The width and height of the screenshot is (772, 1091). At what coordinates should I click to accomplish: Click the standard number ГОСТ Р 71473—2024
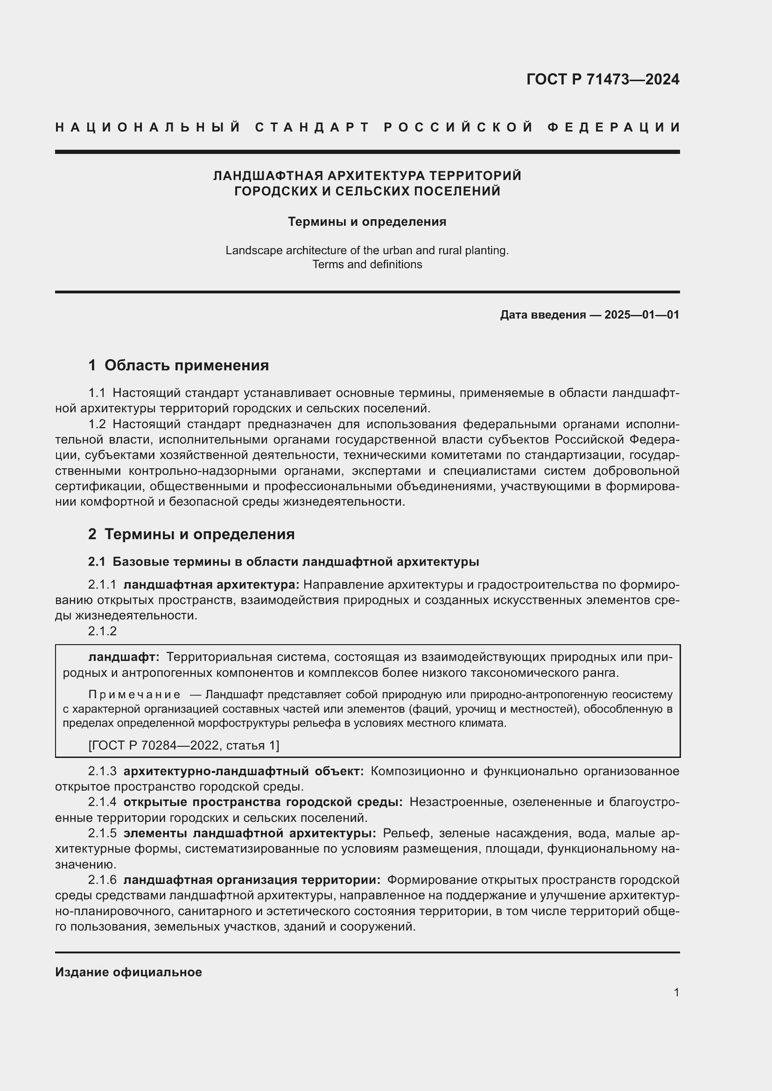click(x=603, y=79)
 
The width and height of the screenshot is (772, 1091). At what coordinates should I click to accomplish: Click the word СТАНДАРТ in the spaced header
click(x=312, y=127)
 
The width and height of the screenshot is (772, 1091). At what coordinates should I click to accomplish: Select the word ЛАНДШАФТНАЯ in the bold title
click(x=269, y=176)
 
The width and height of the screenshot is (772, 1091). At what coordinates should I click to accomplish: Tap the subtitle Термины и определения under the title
click(x=367, y=222)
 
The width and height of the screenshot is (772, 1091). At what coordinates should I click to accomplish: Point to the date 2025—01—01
click(x=642, y=314)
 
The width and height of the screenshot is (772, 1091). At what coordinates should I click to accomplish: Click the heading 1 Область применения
click(x=178, y=365)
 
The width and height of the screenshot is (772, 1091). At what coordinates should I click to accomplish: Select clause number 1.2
click(x=97, y=424)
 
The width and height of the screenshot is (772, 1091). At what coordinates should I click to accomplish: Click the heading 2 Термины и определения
click(x=191, y=534)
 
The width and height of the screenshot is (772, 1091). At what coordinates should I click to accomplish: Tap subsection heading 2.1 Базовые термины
click(x=283, y=562)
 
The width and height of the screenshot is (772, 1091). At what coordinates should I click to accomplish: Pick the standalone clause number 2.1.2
click(x=102, y=631)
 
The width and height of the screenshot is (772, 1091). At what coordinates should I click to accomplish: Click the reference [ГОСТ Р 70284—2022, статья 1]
click(x=184, y=745)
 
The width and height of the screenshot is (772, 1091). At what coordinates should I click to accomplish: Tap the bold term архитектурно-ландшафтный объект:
click(x=243, y=771)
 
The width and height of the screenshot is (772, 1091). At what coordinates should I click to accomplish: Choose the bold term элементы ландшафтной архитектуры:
click(x=250, y=833)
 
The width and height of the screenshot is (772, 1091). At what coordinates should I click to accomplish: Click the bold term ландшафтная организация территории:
click(x=252, y=880)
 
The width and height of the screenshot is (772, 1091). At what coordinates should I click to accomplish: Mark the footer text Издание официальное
click(x=128, y=972)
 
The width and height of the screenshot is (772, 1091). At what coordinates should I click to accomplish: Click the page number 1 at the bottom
click(x=676, y=993)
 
